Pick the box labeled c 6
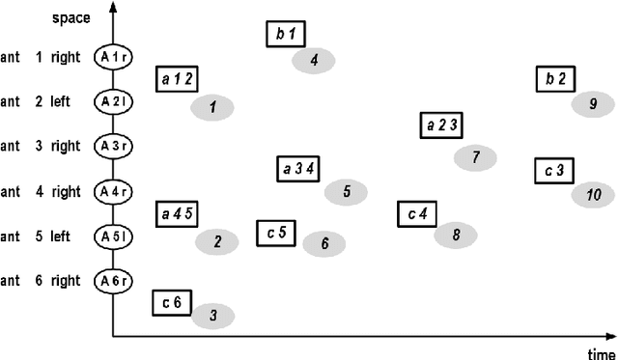click(x=172, y=303)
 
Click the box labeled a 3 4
click(x=298, y=169)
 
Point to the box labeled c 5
click(x=277, y=233)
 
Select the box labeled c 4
click(x=418, y=213)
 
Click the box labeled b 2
click(x=555, y=79)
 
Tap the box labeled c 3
click(x=554, y=171)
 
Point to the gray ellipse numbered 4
click(x=314, y=61)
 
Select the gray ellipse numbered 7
click(x=475, y=156)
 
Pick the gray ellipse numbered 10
click(x=593, y=195)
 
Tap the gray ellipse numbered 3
click(x=213, y=315)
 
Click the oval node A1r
click(x=113, y=58)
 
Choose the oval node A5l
click(x=113, y=236)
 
